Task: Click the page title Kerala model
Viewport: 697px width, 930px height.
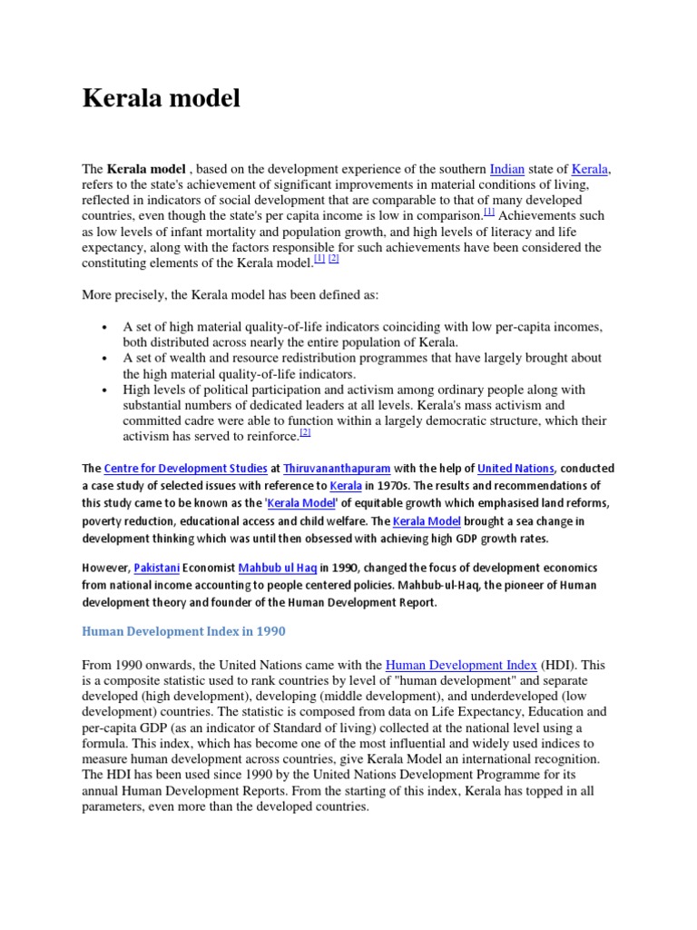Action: click(x=162, y=98)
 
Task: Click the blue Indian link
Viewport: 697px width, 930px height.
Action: click(x=506, y=169)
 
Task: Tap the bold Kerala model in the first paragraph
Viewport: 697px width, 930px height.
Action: click(x=146, y=169)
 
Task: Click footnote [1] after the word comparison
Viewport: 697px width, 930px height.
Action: click(x=488, y=213)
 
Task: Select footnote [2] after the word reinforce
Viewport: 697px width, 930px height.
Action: click(x=305, y=433)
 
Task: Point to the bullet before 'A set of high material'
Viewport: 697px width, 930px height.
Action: click(x=105, y=327)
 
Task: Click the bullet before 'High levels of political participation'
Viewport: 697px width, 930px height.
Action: click(x=105, y=390)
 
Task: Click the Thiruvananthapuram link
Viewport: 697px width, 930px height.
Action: click(x=337, y=469)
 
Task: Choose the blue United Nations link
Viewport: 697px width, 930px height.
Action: click(x=515, y=469)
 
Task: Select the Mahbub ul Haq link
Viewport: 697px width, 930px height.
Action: click(x=278, y=568)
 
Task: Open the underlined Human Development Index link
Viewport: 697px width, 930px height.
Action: click(x=461, y=665)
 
